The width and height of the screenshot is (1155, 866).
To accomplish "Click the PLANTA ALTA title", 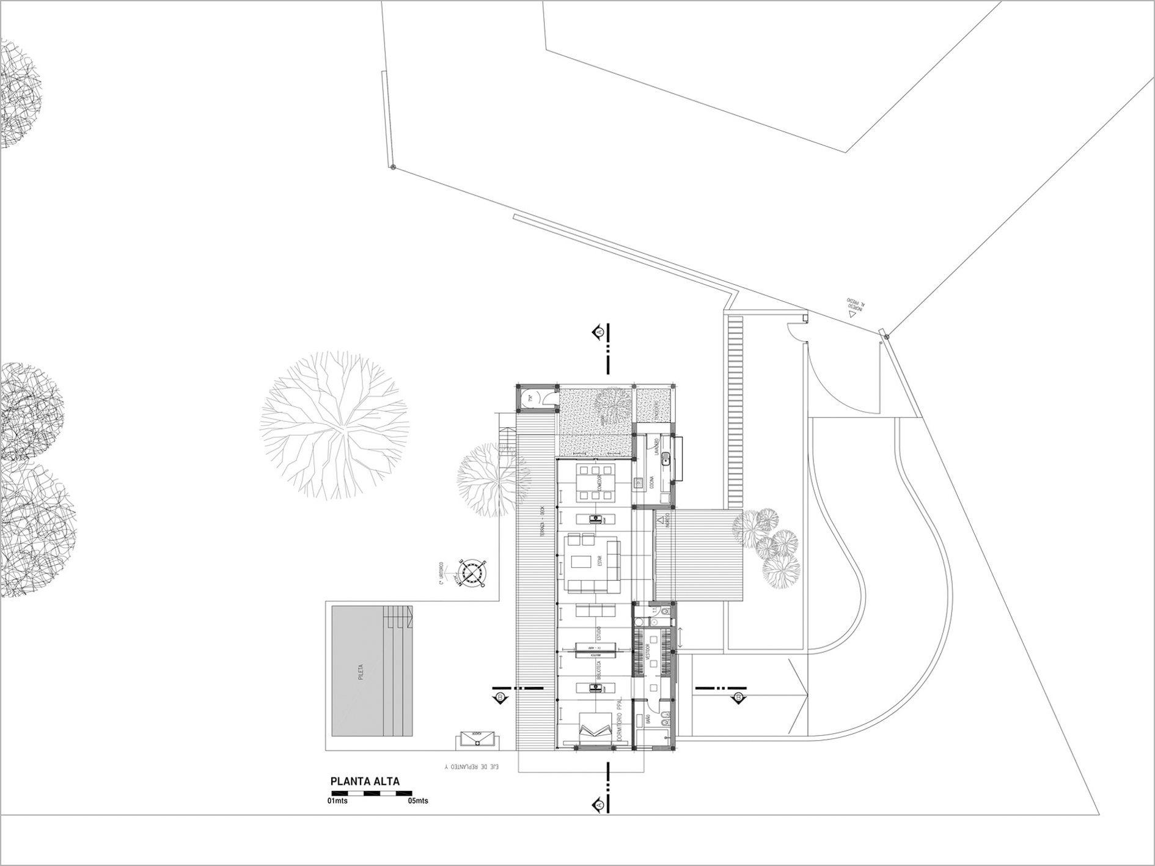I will [365, 781].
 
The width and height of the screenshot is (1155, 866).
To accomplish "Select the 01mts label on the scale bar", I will [337, 801].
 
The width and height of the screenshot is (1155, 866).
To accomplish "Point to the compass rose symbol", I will [472, 572].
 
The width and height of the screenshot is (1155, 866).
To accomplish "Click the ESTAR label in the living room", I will [599, 560].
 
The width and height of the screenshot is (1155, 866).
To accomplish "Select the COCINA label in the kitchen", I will [652, 483].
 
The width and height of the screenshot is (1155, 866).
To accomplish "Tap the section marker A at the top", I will [599, 332].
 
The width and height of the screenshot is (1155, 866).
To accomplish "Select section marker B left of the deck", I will [501, 697].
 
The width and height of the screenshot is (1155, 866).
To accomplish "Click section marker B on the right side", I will [738, 697].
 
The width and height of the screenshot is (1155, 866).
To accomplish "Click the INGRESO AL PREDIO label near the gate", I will [854, 307].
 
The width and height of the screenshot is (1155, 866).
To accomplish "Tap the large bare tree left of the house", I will [334, 425].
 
